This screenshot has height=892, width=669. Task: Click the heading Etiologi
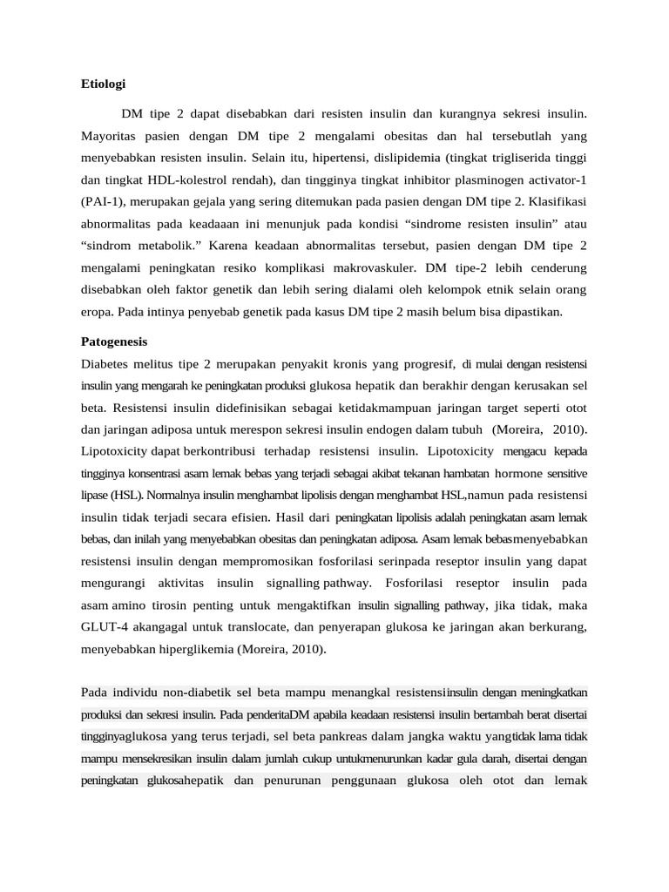click(x=104, y=84)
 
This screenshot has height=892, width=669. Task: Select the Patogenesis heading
click(x=114, y=341)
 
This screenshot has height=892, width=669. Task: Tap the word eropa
click(x=98, y=310)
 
